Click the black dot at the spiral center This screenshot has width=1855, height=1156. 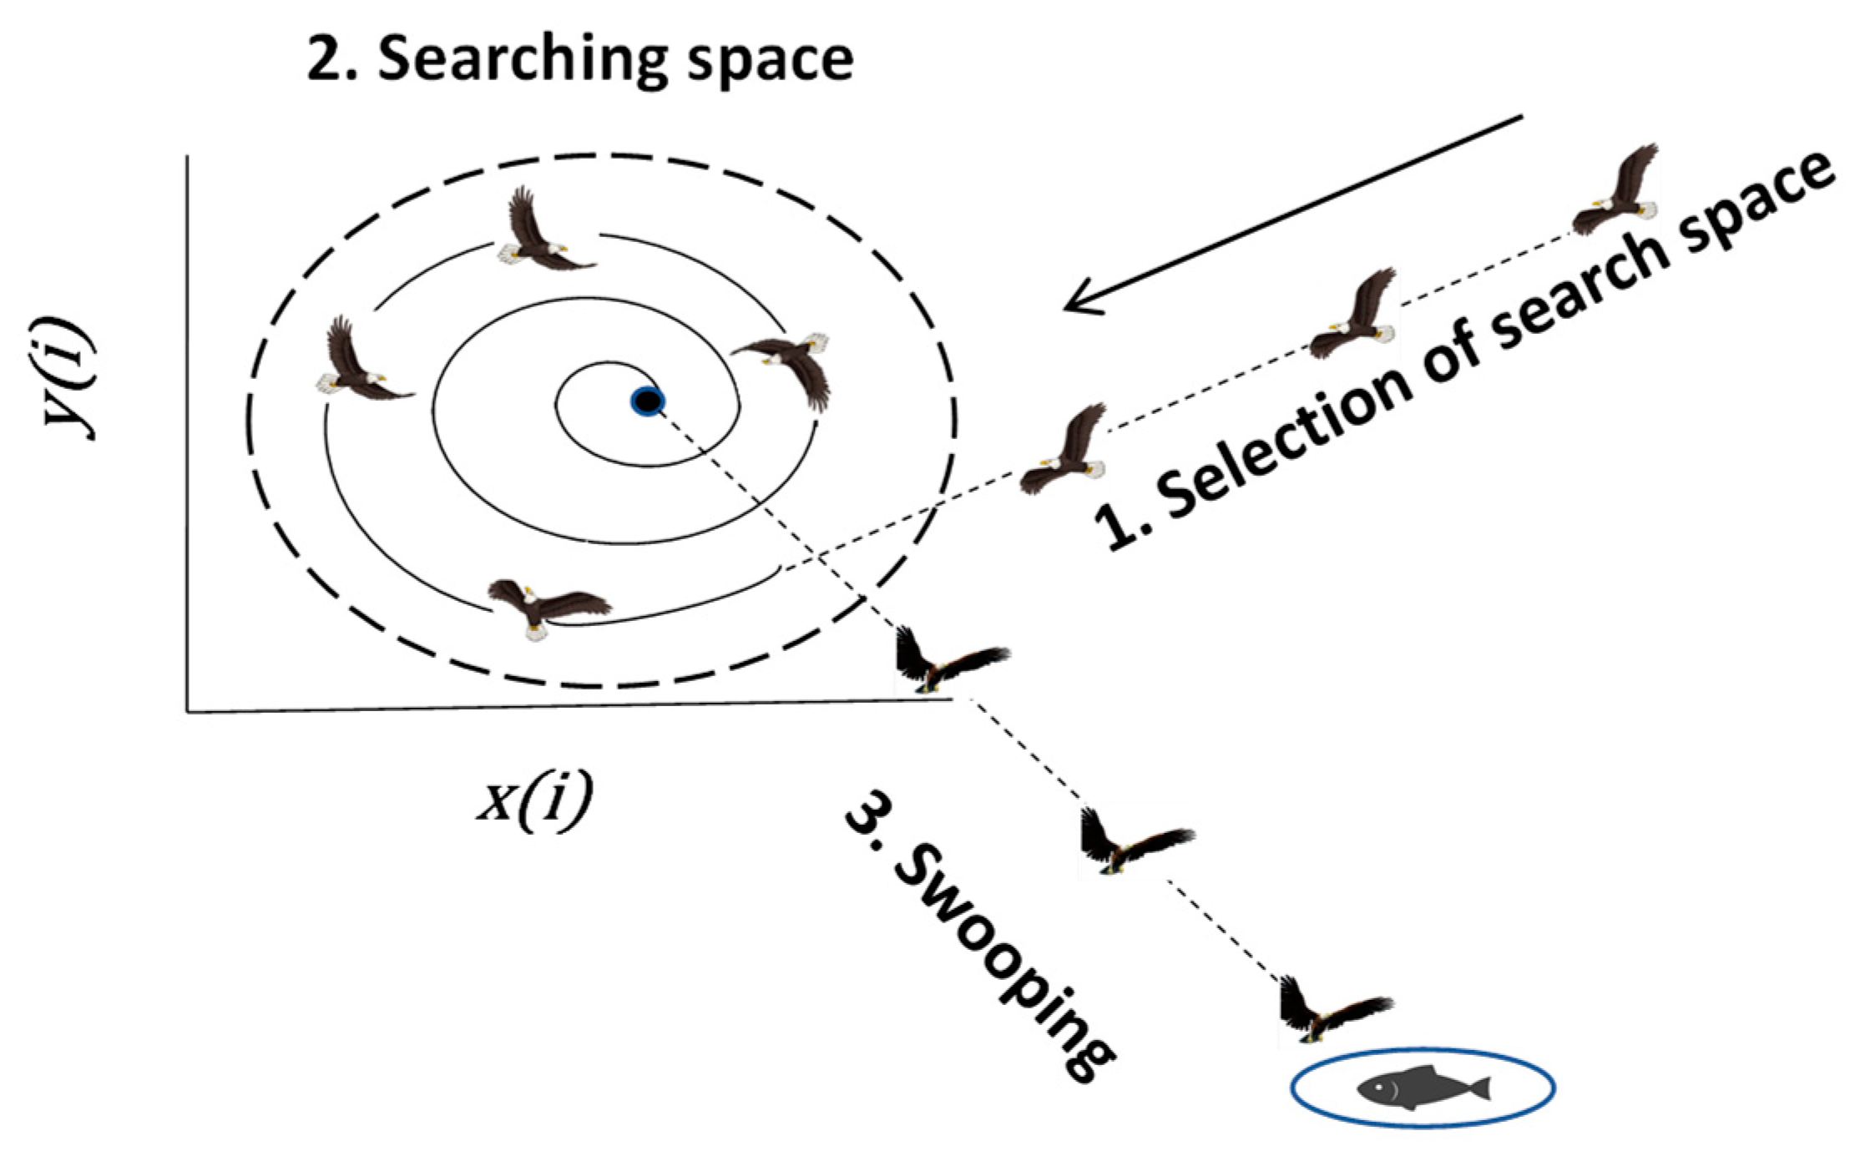click(x=647, y=402)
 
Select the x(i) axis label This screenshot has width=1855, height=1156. click(x=534, y=797)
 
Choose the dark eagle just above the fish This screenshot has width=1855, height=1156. click(x=1327, y=1010)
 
